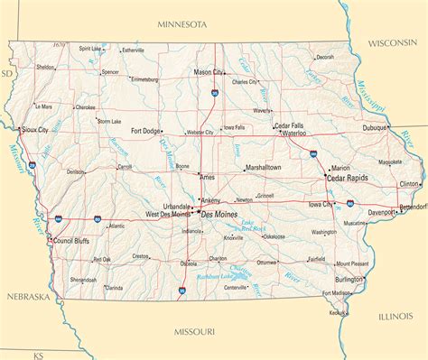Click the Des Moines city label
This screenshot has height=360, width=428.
[219, 215]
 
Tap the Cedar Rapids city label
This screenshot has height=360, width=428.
[348, 179]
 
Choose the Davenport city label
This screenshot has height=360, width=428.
[380, 212]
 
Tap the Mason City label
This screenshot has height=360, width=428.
[209, 71]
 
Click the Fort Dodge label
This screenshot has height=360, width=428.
[146, 131]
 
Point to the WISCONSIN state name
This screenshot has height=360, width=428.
[395, 42]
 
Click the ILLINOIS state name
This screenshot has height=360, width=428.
[395, 316]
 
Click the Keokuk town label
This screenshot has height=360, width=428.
[339, 313]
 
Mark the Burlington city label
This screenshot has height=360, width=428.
[349, 279]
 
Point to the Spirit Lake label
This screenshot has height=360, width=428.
[90, 49]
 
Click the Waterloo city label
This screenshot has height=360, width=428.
[295, 133]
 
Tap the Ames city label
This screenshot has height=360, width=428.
[208, 178]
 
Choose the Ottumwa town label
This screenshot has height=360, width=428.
[266, 263]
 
